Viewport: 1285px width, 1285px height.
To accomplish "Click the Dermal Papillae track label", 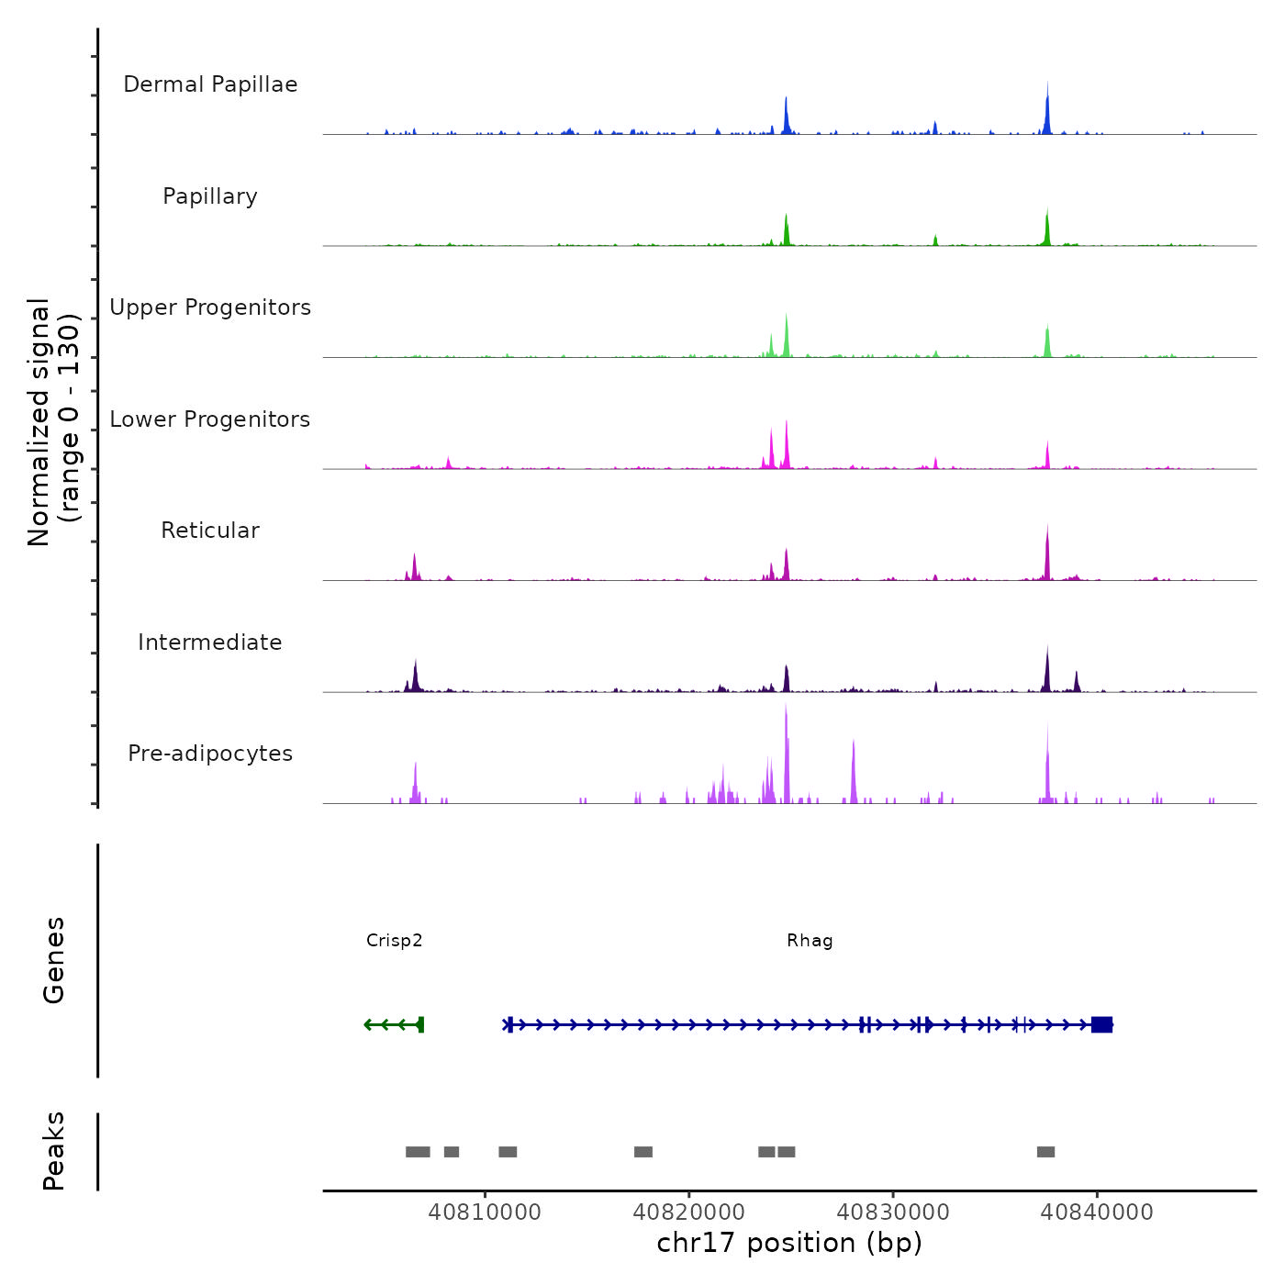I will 210,84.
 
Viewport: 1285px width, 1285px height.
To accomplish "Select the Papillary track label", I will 210,196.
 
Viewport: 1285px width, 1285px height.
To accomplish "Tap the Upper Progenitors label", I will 210,307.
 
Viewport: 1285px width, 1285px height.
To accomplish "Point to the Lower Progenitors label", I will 210,419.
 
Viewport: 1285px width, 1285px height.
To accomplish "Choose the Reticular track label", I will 210,531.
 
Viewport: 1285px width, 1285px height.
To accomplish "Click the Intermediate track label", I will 210,642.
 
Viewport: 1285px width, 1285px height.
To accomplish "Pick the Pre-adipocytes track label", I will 210,754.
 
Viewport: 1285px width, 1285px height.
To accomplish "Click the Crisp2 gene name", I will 394,941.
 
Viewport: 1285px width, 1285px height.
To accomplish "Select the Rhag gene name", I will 810,941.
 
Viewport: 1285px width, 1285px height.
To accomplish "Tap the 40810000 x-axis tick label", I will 485,1212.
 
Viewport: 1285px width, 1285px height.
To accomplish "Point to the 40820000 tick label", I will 689,1212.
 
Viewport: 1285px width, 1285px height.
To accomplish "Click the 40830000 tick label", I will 893,1212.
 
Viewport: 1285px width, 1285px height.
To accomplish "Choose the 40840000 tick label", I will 1097,1212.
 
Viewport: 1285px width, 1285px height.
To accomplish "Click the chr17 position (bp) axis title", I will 789,1243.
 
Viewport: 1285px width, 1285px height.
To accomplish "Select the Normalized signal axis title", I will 53,422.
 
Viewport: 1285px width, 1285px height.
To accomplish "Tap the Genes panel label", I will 53,960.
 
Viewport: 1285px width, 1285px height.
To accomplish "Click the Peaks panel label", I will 53,1151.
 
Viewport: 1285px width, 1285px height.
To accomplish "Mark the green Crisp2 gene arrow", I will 394,1024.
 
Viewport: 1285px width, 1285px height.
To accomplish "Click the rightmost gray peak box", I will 1045,1152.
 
